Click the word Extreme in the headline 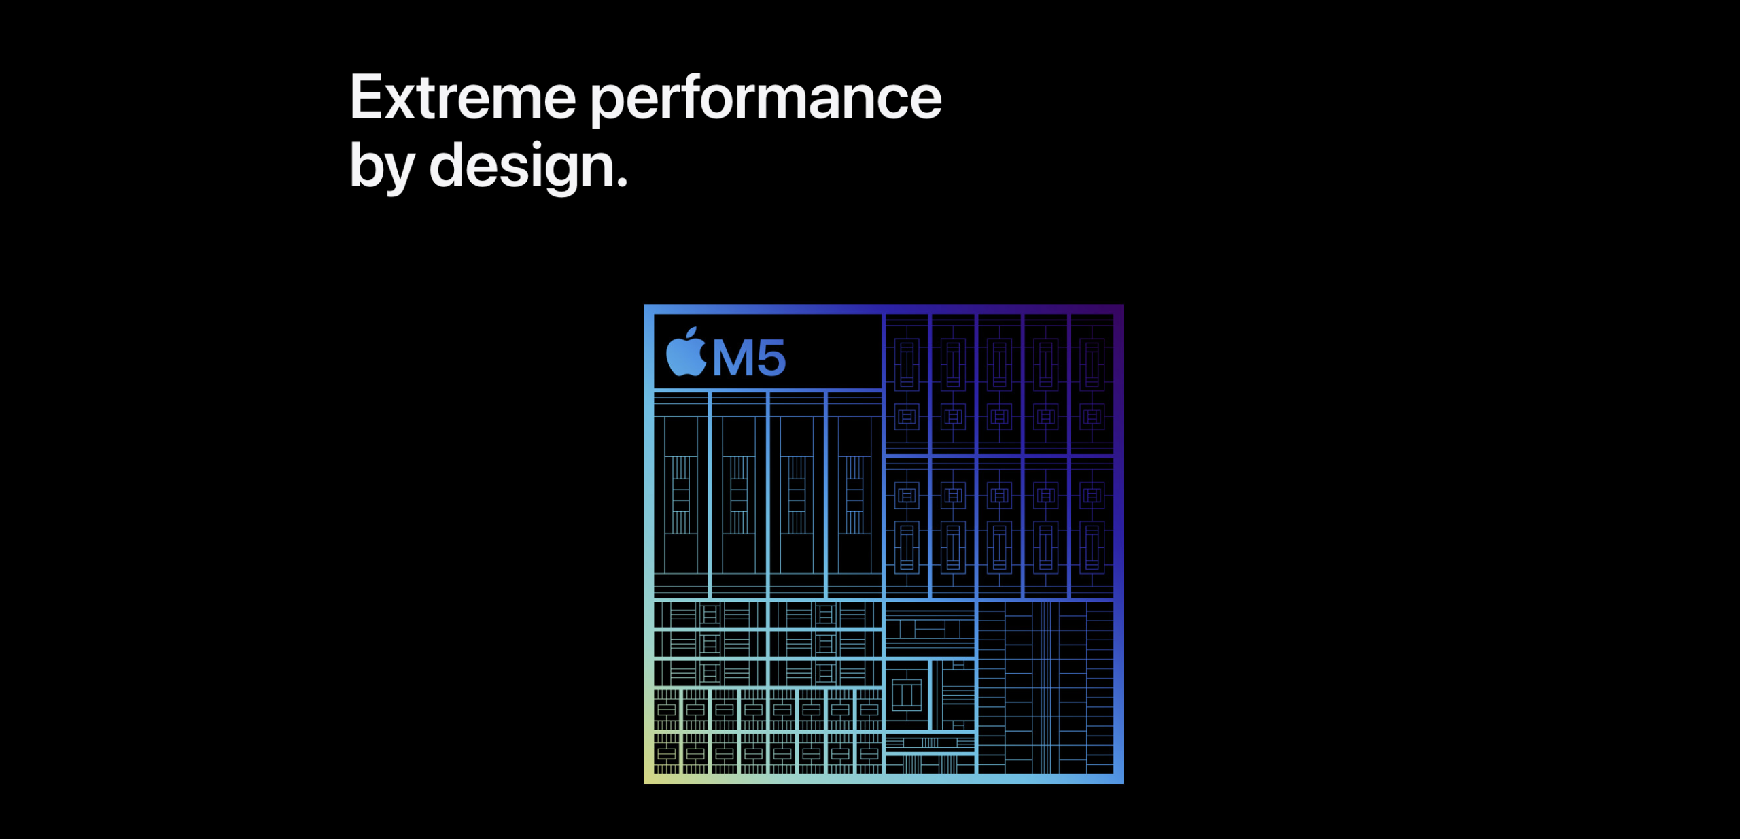point(463,97)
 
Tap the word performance point(766,101)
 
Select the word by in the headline point(382,167)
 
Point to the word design point(521,167)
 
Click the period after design point(621,182)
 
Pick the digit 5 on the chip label point(771,358)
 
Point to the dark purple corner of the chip point(1118,309)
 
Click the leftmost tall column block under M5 point(681,495)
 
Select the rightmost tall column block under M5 point(855,495)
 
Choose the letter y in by point(400,175)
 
